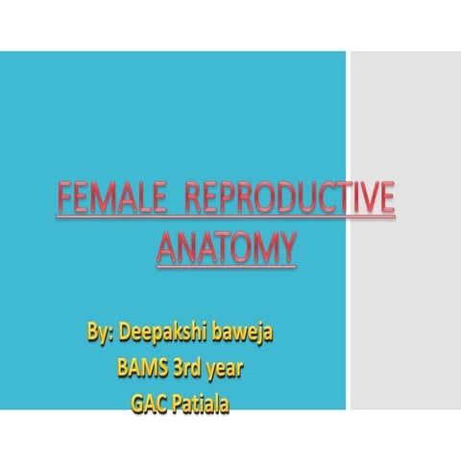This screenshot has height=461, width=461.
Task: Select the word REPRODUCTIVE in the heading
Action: pyautogui.click(x=287, y=201)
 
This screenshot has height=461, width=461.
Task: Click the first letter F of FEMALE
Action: pyautogui.click(x=62, y=201)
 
